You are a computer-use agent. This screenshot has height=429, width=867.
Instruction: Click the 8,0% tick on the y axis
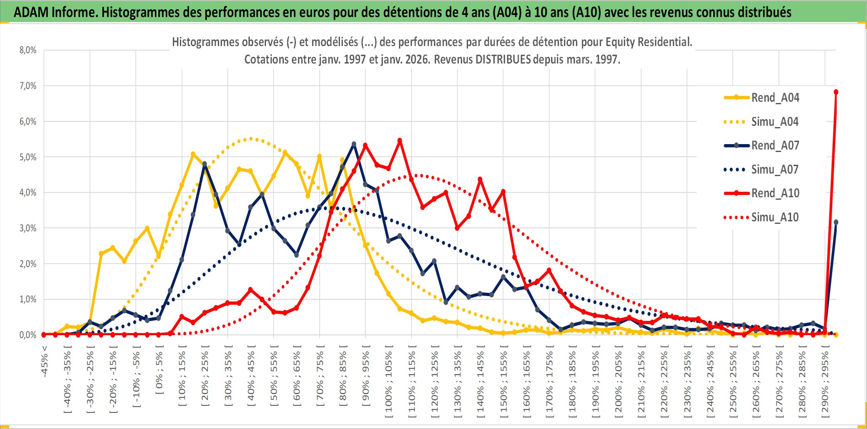[28, 50]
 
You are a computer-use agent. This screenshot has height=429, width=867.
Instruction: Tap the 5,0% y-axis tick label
[28, 157]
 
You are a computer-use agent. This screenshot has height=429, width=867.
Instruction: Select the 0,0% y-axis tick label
[28, 335]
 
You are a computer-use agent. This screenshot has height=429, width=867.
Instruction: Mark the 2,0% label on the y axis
[28, 264]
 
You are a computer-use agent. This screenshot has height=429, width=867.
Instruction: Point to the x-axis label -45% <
[44, 361]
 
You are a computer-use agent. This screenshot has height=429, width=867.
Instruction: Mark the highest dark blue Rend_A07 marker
[354, 144]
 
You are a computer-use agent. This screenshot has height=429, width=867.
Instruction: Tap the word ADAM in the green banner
[31, 12]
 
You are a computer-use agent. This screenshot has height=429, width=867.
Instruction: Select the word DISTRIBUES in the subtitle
[503, 59]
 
